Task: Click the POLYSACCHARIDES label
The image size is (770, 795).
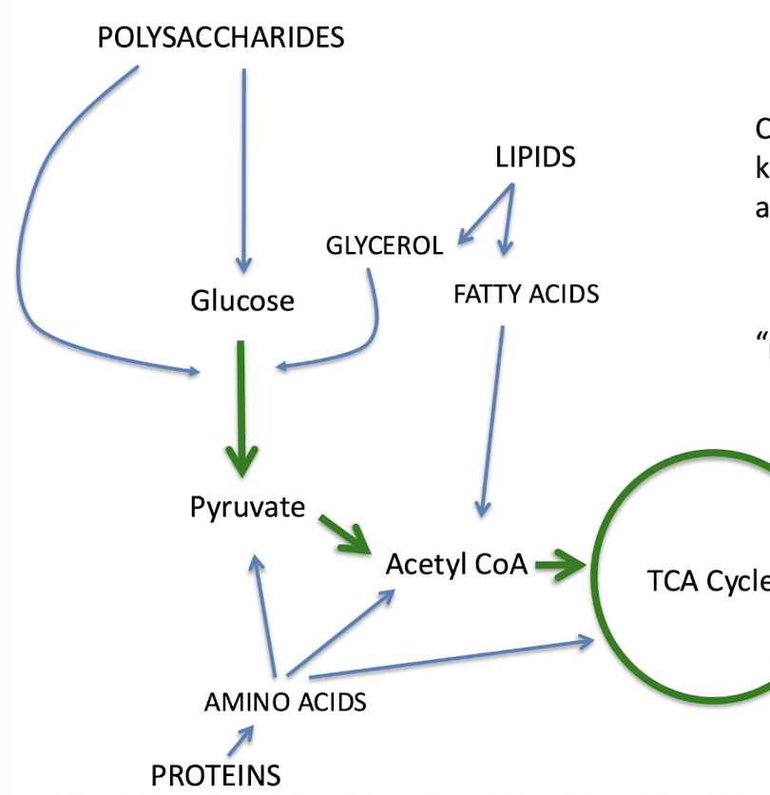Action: [221, 38]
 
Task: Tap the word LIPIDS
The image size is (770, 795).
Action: [535, 157]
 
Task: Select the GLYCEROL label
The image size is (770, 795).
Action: [384, 246]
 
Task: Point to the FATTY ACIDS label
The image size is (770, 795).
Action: [526, 294]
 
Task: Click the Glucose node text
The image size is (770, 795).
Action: [242, 301]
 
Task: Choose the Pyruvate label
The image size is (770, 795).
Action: [247, 508]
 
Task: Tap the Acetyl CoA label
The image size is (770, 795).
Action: [456, 565]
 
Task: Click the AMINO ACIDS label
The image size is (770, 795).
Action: [285, 703]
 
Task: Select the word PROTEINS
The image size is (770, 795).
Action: [216, 776]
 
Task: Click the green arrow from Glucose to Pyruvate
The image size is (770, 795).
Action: [243, 409]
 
